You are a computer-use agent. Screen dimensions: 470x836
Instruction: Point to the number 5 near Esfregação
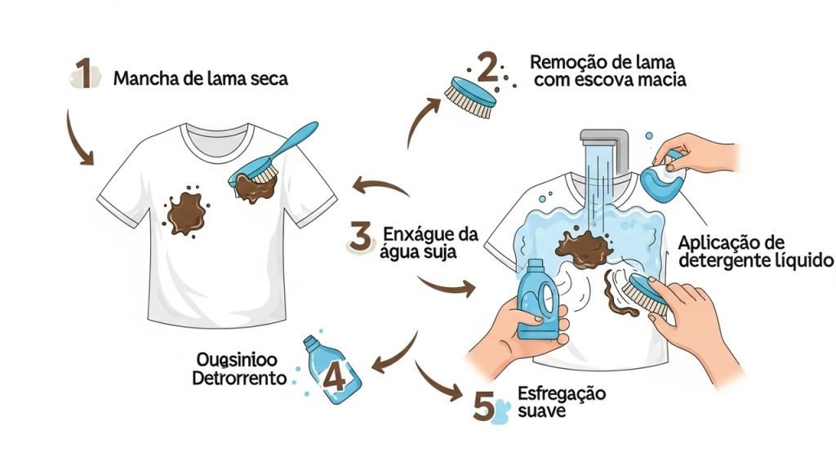(x=484, y=405)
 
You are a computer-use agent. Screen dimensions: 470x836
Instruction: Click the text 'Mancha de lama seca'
(x=200, y=80)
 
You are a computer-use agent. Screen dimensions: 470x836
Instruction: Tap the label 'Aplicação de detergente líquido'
(x=754, y=252)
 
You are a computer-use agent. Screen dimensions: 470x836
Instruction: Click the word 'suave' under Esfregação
(x=540, y=411)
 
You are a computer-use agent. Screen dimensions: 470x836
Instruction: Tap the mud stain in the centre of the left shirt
(x=188, y=211)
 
